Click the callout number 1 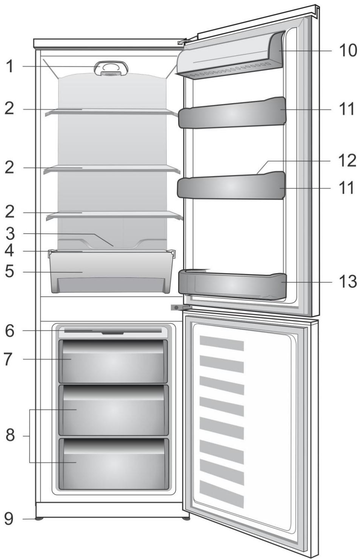tap(10, 66)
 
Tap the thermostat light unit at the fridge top tap(111, 68)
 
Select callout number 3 tap(10, 233)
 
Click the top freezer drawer tap(113, 361)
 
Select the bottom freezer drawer tap(114, 464)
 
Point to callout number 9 tap(9, 519)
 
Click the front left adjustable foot tap(38, 519)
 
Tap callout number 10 tap(347, 50)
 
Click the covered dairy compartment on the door tap(230, 57)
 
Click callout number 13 tap(347, 281)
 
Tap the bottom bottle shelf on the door tap(232, 285)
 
